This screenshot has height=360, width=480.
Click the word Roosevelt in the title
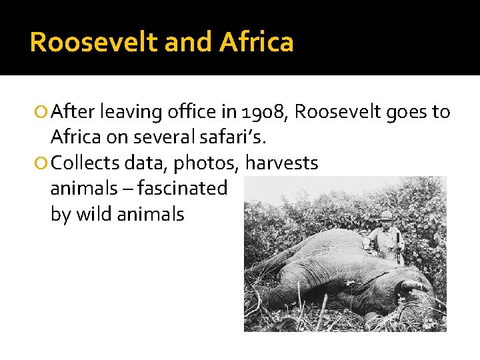(x=93, y=42)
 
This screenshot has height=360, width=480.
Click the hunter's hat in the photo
(x=386, y=215)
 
